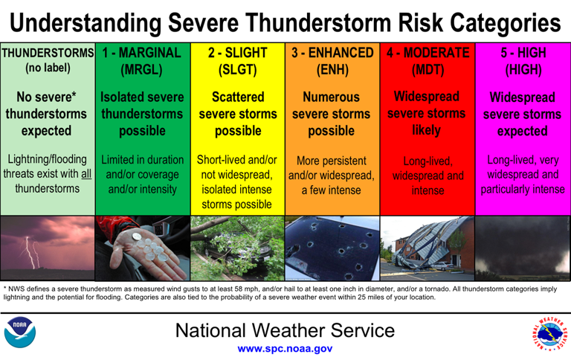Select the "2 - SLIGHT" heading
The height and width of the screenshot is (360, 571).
237,54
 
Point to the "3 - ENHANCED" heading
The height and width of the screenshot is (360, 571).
332,54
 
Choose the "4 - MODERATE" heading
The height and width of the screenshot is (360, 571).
427,54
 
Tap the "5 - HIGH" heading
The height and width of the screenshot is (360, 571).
523,54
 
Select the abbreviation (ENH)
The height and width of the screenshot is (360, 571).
332,71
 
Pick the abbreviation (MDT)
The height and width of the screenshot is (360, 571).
427,71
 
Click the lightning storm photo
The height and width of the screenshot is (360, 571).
48,248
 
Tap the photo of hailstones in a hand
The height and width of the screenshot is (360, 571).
142,248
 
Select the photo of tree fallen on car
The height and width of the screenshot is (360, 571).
237,248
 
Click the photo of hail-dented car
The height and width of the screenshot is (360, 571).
332,248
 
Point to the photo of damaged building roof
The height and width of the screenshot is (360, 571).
427,248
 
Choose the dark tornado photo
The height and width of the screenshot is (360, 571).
523,248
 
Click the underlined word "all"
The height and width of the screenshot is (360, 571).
86,175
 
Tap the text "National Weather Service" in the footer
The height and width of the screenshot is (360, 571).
285,330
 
